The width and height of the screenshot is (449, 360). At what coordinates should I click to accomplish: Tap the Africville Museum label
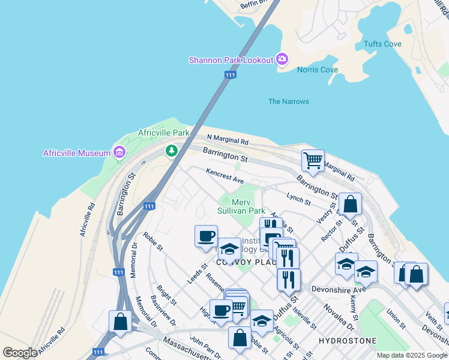tap(77, 153)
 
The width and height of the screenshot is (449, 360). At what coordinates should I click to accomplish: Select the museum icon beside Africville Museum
tap(119, 152)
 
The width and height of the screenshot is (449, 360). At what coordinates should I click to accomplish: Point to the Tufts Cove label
tap(383, 44)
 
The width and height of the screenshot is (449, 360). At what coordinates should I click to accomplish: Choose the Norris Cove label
tap(318, 70)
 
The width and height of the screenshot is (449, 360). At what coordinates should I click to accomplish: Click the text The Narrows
tap(288, 101)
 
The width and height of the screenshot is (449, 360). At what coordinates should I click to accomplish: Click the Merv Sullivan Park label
tap(241, 207)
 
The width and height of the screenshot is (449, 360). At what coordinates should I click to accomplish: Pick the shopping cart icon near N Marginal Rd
tap(312, 160)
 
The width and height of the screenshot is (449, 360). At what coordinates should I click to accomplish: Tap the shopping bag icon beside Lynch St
tap(350, 204)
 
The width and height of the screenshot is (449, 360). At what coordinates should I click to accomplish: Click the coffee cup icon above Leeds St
tap(206, 236)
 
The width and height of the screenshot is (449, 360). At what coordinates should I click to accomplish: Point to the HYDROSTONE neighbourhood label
tap(348, 341)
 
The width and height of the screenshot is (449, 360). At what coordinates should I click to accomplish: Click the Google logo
tap(20, 353)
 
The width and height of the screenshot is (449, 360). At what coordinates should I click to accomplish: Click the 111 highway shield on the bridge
tap(230, 74)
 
